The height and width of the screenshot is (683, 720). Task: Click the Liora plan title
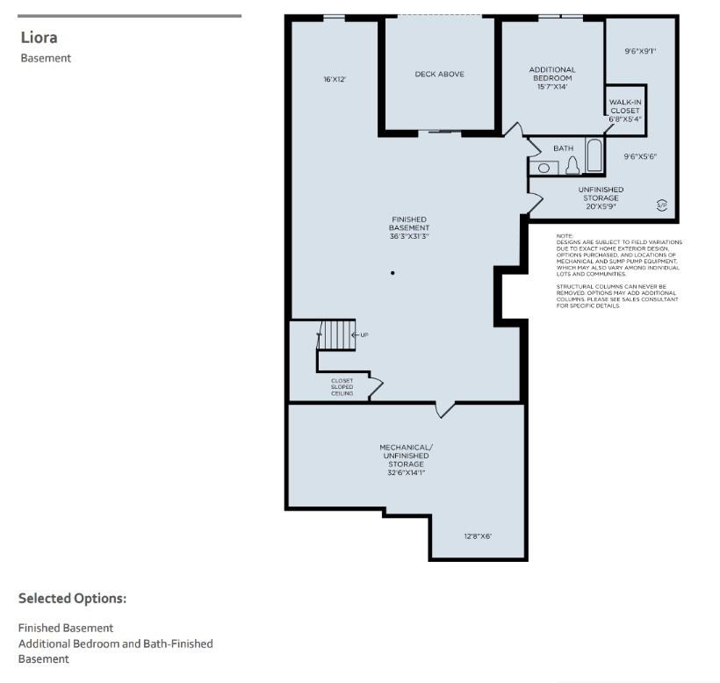39,38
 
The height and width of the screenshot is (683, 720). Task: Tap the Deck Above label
439,74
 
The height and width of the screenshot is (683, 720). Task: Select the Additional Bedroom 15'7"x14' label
552,78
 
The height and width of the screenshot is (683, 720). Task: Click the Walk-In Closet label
625,111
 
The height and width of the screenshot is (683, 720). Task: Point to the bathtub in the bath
594,155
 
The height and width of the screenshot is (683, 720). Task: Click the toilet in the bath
572,166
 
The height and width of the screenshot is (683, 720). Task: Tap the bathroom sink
544,168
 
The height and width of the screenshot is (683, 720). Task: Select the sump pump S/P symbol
662,205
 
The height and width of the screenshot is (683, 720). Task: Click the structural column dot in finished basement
392,273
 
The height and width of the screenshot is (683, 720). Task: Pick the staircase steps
337,335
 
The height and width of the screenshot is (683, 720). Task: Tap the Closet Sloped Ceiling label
342,387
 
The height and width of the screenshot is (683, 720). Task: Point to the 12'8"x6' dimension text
478,536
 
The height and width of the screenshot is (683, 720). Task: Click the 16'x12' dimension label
335,79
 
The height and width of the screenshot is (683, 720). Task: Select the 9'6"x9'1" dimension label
640,52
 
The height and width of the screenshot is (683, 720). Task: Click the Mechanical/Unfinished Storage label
406,460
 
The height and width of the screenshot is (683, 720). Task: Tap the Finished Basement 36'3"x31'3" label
409,227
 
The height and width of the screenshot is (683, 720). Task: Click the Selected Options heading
72,599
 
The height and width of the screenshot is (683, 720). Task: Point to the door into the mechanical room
444,409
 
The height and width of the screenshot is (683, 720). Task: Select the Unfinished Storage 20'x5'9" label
601,198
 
